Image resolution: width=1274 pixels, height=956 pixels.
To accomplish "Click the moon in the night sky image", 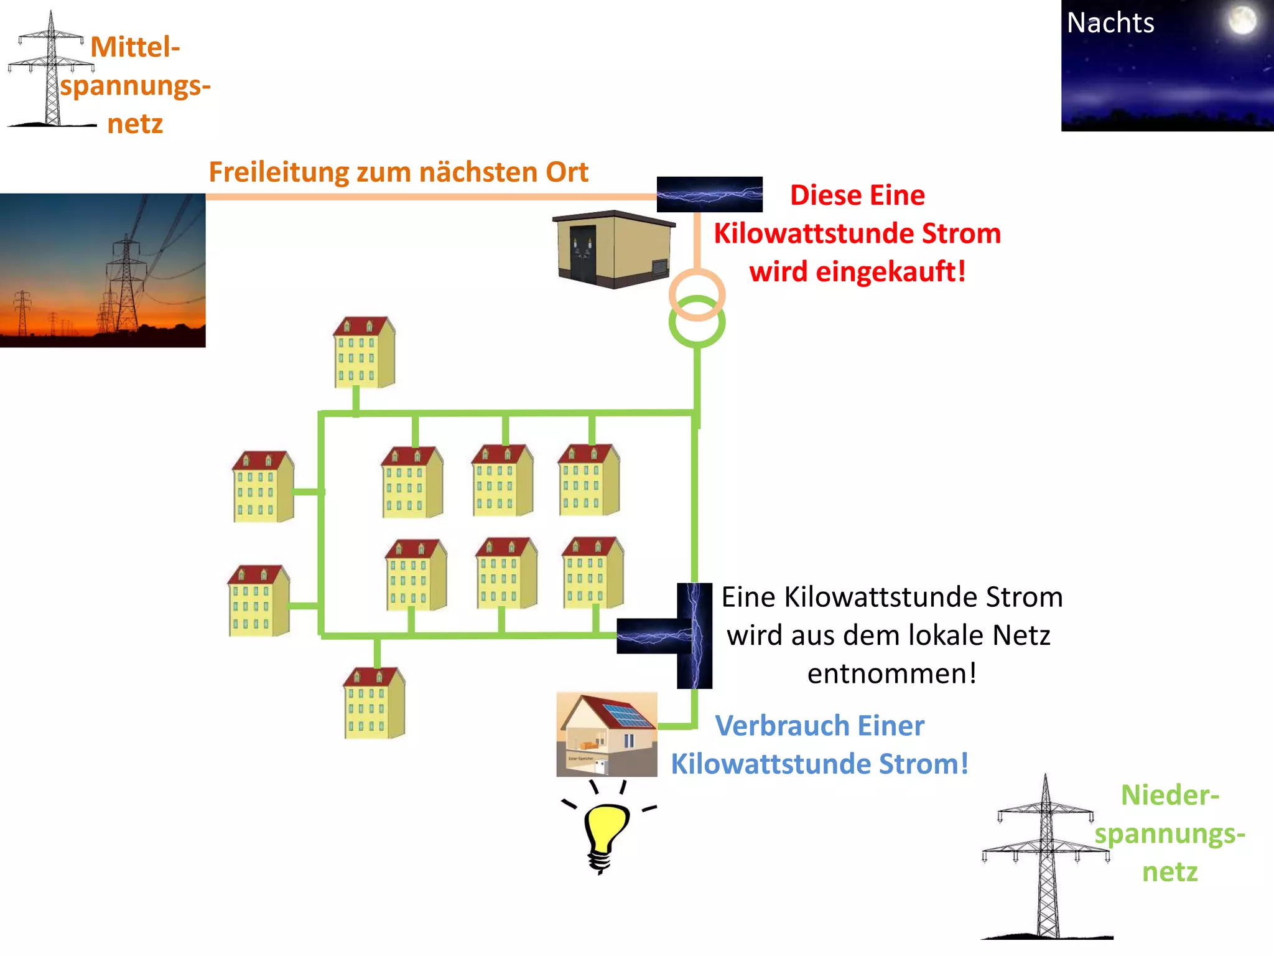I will click(x=1242, y=21).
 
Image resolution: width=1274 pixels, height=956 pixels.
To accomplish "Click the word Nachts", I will click(x=1110, y=24).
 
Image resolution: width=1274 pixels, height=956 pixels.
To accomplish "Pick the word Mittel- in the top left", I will click(x=135, y=47).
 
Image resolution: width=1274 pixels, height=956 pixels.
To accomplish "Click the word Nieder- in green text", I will click(x=1169, y=795).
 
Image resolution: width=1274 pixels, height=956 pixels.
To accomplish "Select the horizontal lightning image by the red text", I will click(x=709, y=194).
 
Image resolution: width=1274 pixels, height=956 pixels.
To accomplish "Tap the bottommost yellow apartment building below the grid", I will click(x=374, y=703).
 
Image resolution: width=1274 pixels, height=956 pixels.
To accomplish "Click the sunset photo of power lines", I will click(x=103, y=270).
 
